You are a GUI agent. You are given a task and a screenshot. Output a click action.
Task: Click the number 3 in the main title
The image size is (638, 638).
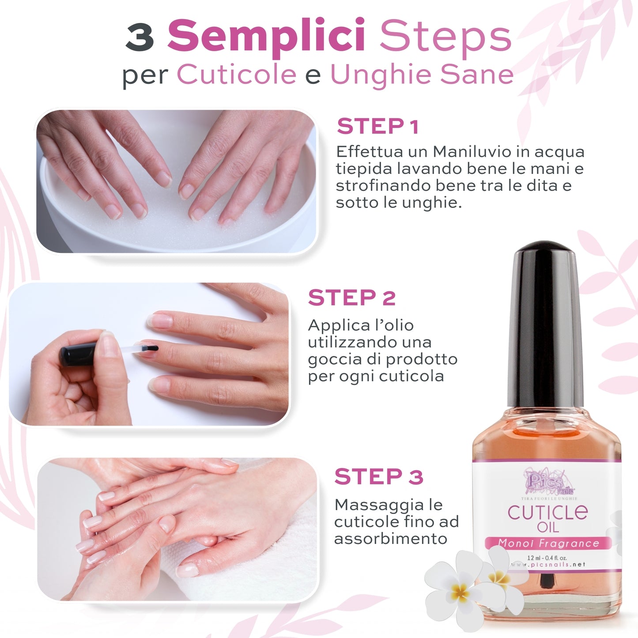click(x=140, y=37)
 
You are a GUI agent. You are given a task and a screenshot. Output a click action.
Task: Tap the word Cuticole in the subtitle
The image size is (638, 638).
click(x=237, y=74)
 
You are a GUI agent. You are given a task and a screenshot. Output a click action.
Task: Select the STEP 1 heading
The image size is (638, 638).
click(x=378, y=127)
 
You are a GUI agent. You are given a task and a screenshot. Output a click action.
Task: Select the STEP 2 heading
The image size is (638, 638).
click(x=351, y=298)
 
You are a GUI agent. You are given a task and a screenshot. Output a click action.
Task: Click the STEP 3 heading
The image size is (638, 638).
click(x=378, y=477)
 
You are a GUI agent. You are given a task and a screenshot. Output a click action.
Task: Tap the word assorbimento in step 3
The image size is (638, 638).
click(x=390, y=539)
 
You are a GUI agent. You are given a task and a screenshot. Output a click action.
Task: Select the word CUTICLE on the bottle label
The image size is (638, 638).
click(x=547, y=512)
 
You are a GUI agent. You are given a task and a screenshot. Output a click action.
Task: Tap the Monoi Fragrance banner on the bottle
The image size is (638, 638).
click(x=548, y=543)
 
